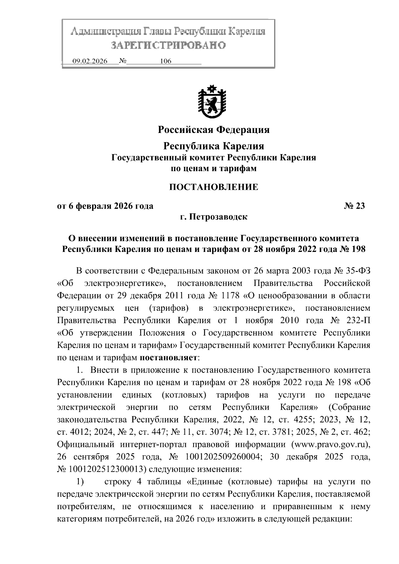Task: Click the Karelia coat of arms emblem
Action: pos(212,102)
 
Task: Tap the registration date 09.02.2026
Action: pos(90,61)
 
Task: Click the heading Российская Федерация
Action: pos(213,130)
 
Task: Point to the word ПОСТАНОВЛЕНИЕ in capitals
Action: pos(213,187)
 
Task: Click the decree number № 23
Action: pos(354,206)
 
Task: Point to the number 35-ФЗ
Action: pos(357,271)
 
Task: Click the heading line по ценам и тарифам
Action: pos(213,169)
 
